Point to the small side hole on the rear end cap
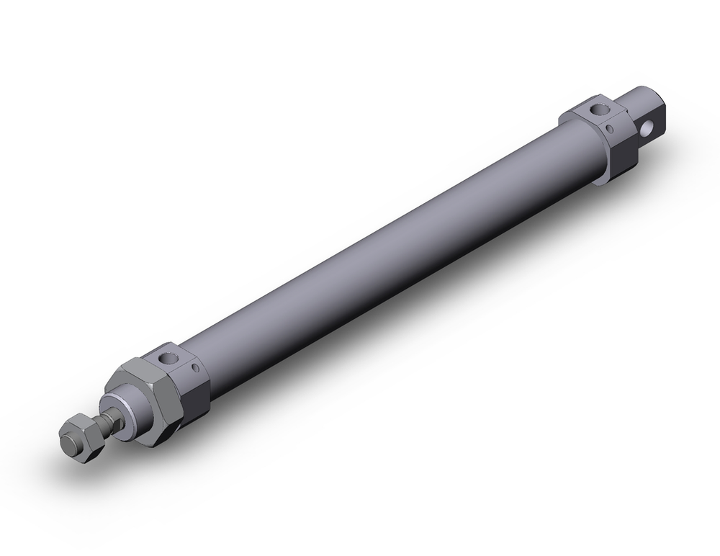(x=611, y=130)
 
